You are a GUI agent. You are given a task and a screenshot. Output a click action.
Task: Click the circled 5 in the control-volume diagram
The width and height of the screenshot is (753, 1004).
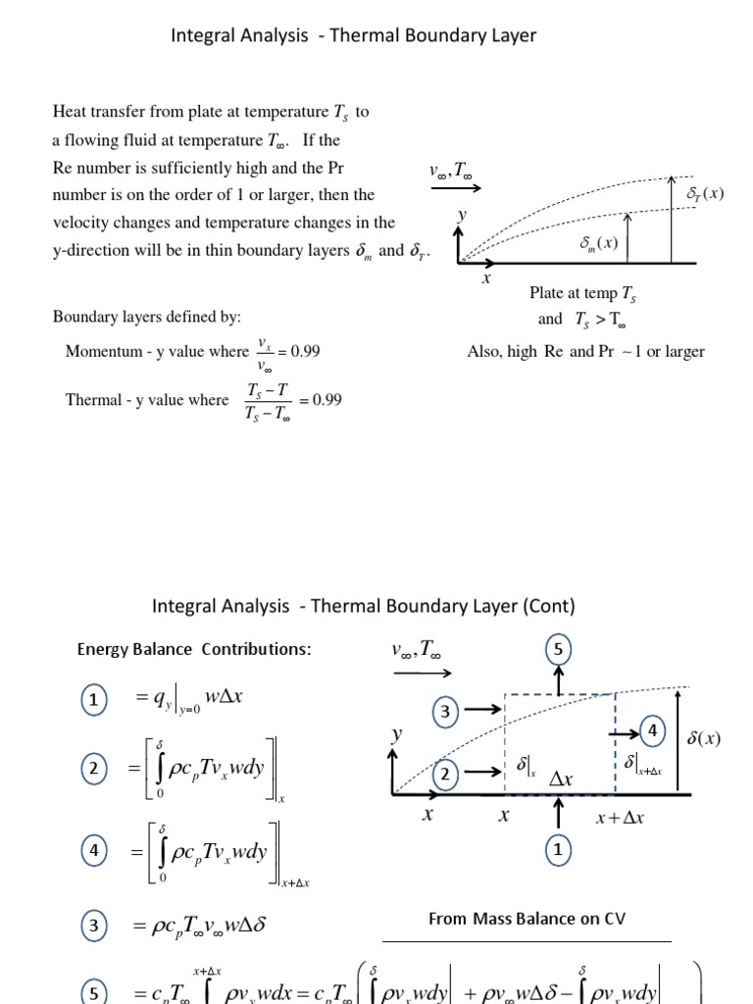click(558, 649)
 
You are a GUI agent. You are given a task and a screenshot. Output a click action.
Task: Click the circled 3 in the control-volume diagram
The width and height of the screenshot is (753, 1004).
click(444, 713)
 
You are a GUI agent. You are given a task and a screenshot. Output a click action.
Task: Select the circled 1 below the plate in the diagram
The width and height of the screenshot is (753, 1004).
click(558, 851)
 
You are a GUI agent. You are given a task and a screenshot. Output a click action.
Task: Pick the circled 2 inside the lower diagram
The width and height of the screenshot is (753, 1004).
click(444, 776)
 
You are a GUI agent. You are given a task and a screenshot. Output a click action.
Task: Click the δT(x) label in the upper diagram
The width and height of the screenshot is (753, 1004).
click(705, 193)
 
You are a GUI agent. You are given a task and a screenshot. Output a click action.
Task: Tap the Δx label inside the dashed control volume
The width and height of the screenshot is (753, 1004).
click(561, 779)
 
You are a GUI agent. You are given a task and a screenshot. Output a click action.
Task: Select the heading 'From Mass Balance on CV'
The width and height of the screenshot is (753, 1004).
click(527, 919)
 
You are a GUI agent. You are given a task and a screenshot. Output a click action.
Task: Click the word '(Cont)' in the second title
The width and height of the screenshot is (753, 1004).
click(549, 606)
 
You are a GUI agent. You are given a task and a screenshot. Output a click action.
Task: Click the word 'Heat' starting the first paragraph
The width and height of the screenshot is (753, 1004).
click(69, 112)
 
